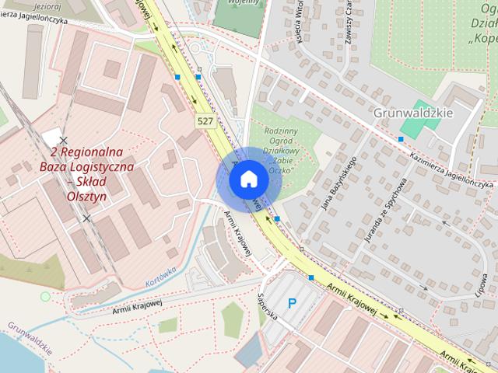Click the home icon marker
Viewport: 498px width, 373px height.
click(247, 179)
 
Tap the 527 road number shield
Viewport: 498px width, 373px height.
click(205, 120)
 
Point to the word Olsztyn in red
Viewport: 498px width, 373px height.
click(86, 197)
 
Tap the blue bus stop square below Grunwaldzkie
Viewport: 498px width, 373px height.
click(401, 138)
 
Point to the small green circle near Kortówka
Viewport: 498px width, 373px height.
click(44, 296)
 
